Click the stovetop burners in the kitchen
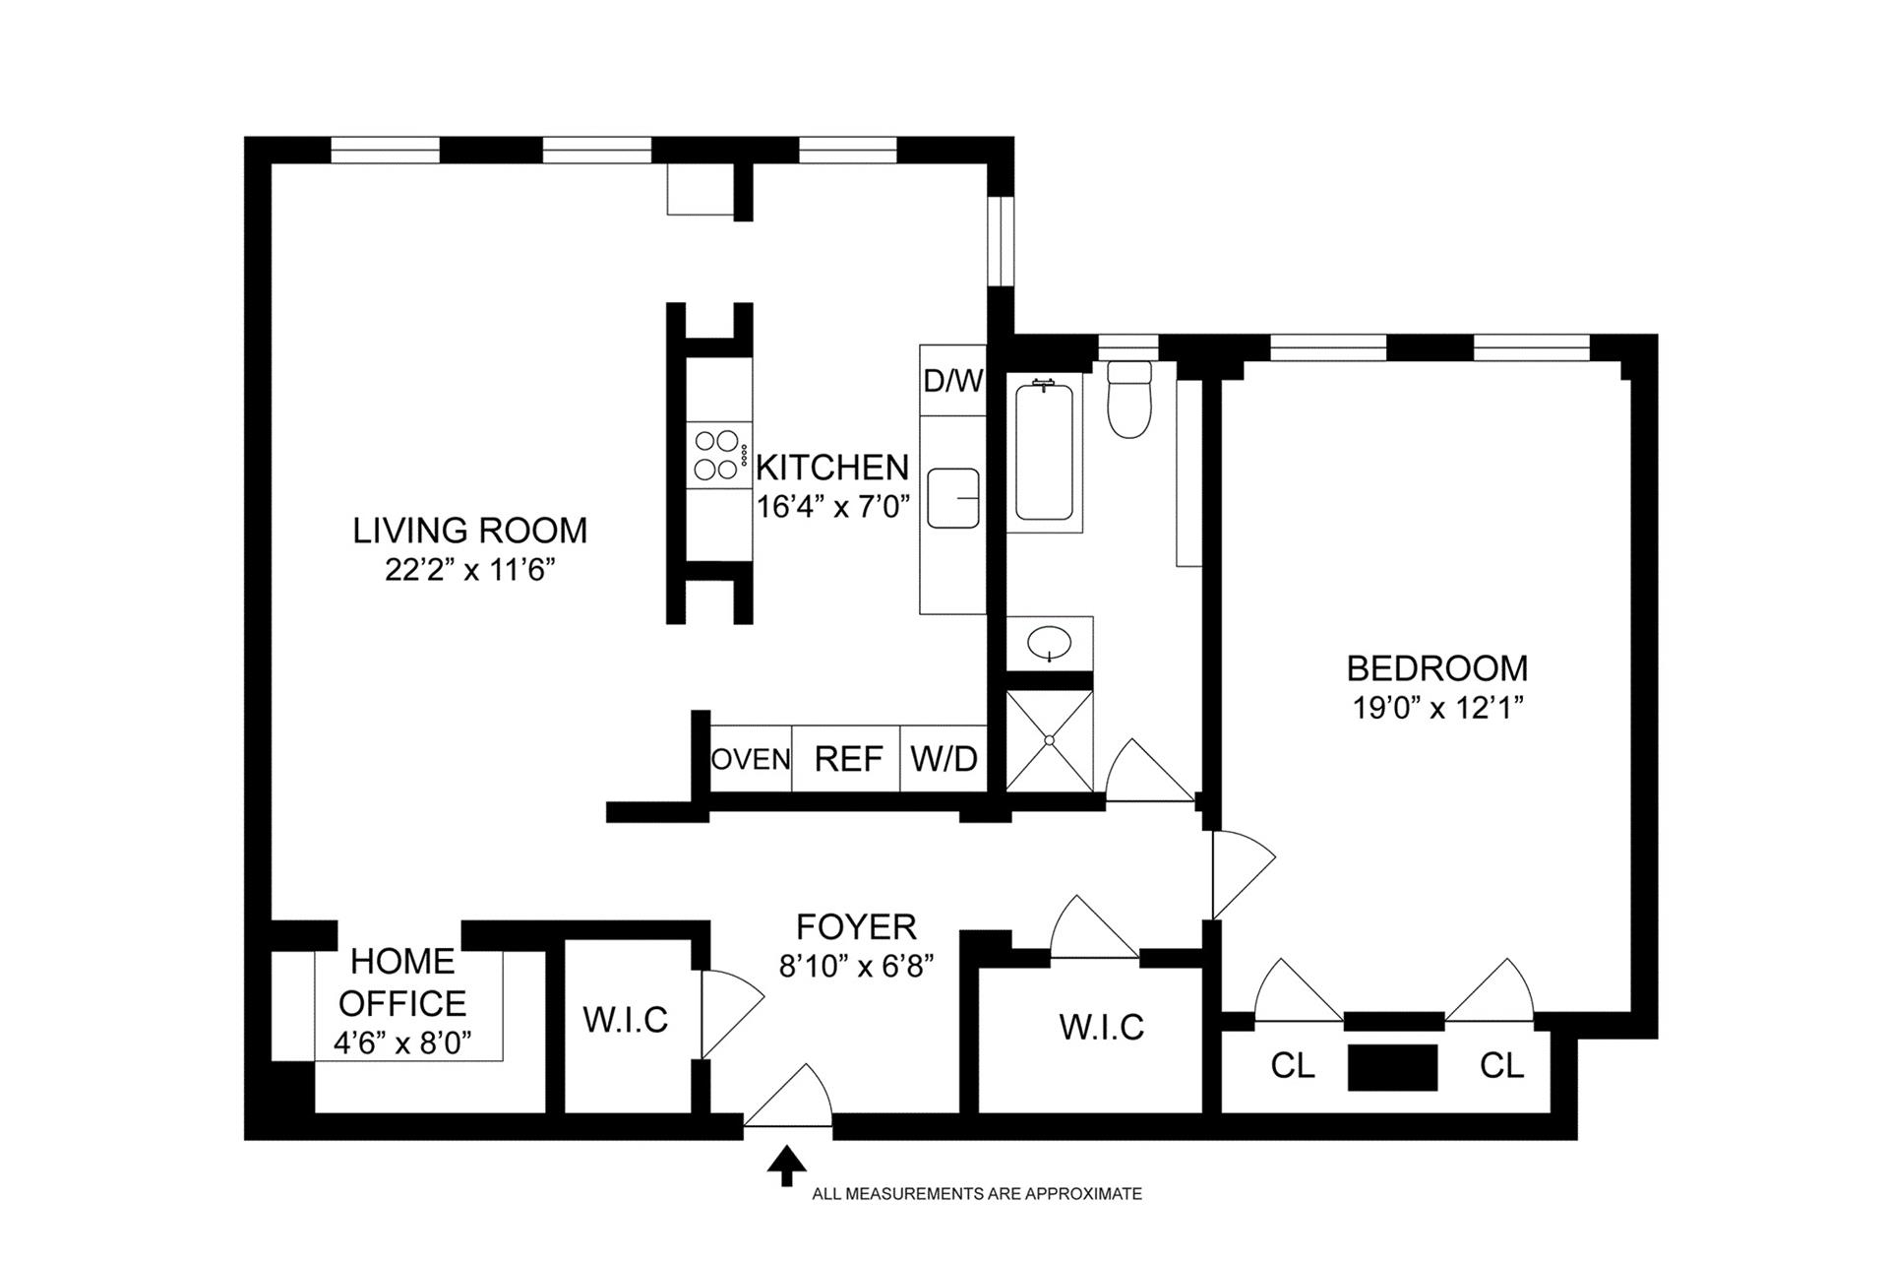pyautogui.click(x=717, y=455)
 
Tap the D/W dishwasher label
pyautogui.click(x=953, y=381)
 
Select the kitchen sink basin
pyautogui.click(x=953, y=498)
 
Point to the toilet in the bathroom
pyautogui.click(x=1128, y=399)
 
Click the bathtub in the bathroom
pyautogui.click(x=1044, y=452)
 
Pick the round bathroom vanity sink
pyautogui.click(x=1050, y=644)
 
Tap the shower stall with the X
pyautogui.click(x=1050, y=740)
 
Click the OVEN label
pyautogui.click(x=751, y=759)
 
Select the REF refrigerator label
pyautogui.click(x=849, y=759)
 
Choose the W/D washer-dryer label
pyautogui.click(x=944, y=759)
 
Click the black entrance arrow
pyautogui.click(x=786, y=1165)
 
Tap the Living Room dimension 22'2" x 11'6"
pyautogui.click(x=471, y=571)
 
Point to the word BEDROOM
pyautogui.click(x=1437, y=668)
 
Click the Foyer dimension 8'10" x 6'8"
pyautogui.click(x=856, y=967)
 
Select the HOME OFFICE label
pyautogui.click(x=402, y=982)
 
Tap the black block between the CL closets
pyautogui.click(x=1392, y=1067)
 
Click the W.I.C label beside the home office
pyautogui.click(x=626, y=1020)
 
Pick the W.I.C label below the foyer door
pyautogui.click(x=1102, y=1028)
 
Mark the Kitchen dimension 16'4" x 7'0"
pyautogui.click(x=833, y=507)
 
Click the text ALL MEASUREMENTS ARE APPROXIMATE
pyautogui.click(x=977, y=1194)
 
